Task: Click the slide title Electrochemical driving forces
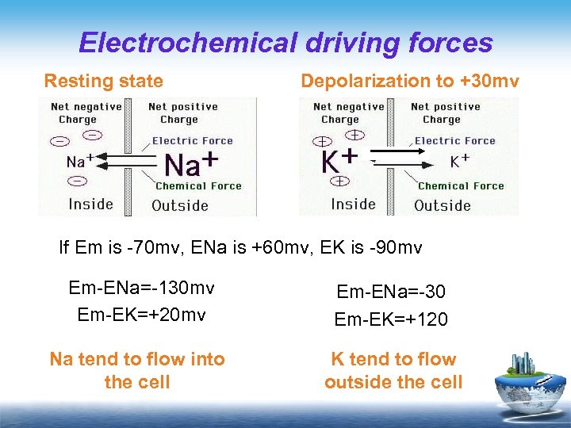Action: click(285, 42)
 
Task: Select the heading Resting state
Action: click(104, 81)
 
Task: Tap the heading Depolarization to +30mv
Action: click(409, 81)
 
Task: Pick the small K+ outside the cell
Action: click(460, 161)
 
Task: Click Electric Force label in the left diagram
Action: click(193, 141)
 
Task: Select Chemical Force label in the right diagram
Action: click(461, 186)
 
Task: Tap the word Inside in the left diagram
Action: click(91, 204)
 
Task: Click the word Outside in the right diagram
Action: click(443, 205)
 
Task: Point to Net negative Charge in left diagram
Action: click(86, 113)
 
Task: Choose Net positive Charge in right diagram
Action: click(446, 113)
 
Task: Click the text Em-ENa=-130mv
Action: click(142, 288)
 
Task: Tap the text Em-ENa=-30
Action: click(392, 292)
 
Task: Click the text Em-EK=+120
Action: click(392, 319)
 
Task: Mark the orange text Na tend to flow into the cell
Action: click(137, 370)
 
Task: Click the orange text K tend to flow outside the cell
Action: click(393, 370)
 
